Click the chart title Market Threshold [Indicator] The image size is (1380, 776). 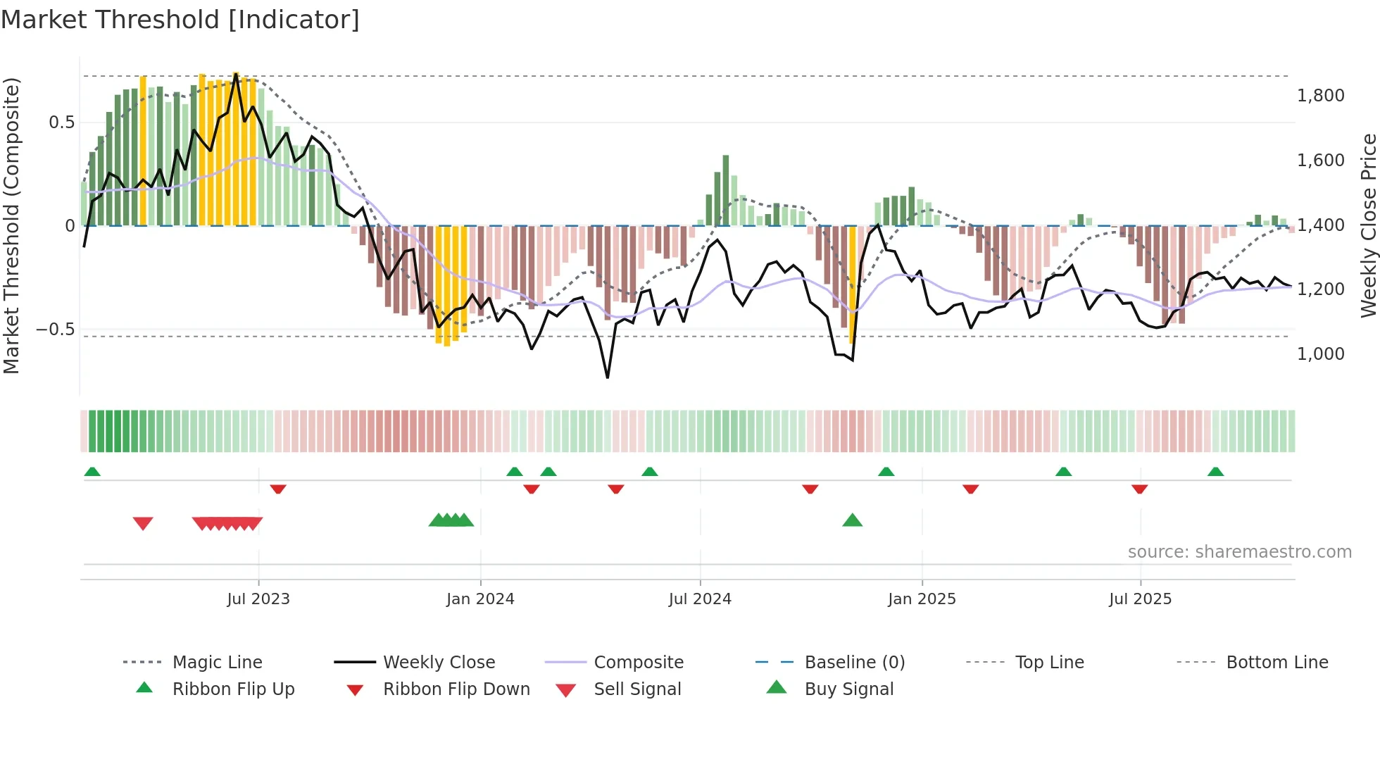(x=180, y=20)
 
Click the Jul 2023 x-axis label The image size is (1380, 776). (x=258, y=599)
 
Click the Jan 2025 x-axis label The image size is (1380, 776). (x=922, y=599)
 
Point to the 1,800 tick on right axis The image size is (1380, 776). (x=1320, y=96)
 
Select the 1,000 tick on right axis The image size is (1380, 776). (x=1320, y=354)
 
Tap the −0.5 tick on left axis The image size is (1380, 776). (x=56, y=330)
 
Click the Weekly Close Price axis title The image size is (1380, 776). (x=1368, y=225)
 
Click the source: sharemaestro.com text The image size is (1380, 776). (x=1239, y=552)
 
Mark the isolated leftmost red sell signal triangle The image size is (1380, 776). (x=143, y=523)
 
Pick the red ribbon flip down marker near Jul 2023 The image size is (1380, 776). (x=278, y=489)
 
